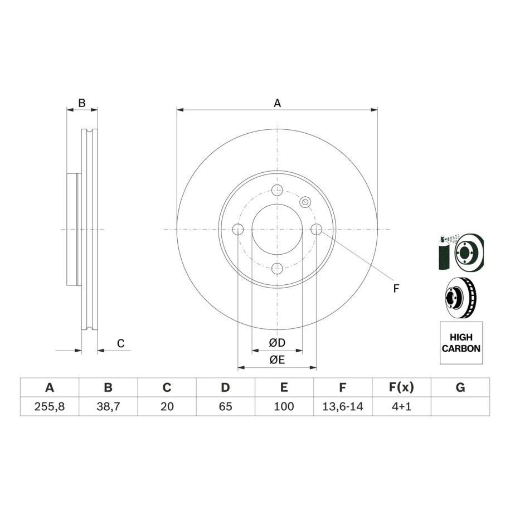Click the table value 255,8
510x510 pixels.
50,406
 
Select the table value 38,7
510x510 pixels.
108,406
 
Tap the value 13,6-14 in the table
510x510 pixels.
342,406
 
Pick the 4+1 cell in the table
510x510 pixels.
401,406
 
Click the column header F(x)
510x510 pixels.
401,387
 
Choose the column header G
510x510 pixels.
460,387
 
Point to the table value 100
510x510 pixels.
284,406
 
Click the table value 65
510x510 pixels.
225,406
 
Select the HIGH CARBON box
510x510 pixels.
461,343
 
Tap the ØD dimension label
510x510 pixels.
277,343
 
